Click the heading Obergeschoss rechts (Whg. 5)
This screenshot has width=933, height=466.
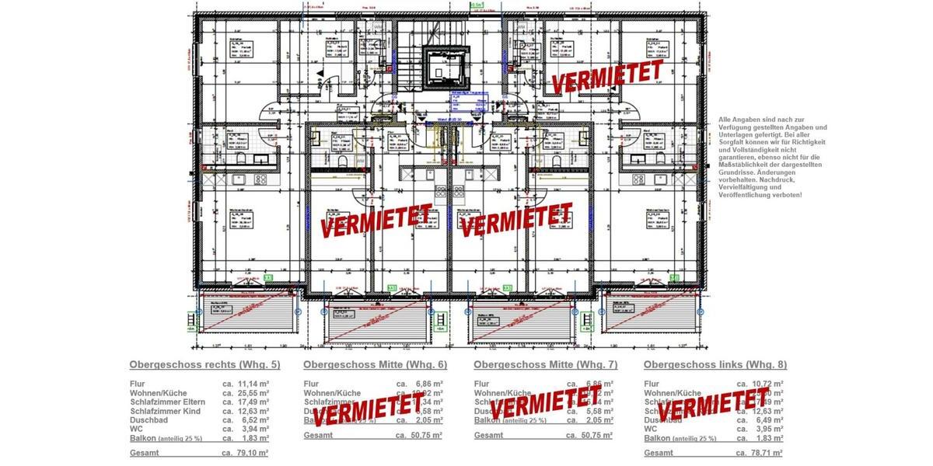coord(204,364)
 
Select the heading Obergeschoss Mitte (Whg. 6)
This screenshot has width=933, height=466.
coord(375,364)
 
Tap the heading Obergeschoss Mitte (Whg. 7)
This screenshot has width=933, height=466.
coord(545,364)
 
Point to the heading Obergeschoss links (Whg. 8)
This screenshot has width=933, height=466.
coord(715,364)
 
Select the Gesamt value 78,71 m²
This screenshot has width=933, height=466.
coord(767,452)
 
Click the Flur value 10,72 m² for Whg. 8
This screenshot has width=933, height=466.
coord(767,384)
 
